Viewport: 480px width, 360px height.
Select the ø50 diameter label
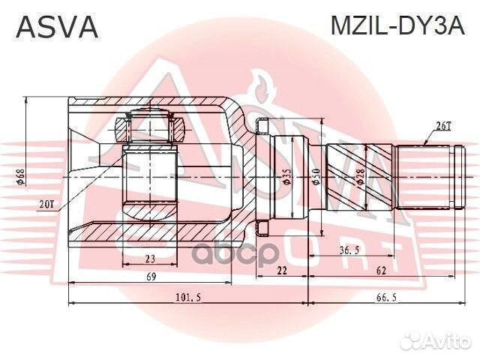(x=316, y=177)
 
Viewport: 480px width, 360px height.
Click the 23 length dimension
(x=150, y=259)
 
